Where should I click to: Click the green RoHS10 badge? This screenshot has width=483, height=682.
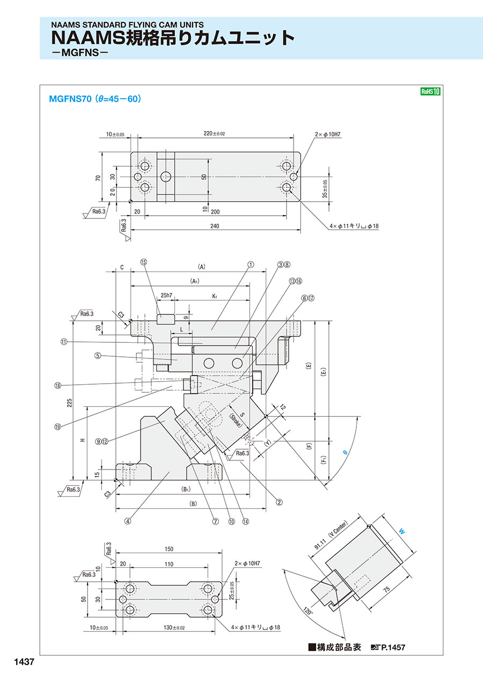(430, 92)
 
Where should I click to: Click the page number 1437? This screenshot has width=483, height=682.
(23, 662)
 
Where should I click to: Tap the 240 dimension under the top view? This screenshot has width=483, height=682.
(215, 226)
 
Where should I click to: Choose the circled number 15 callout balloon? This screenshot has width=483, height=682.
(143, 262)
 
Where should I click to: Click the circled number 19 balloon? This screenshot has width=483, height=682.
(58, 427)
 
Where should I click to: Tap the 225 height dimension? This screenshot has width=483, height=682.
(69, 403)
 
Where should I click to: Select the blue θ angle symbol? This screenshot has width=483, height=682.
(345, 453)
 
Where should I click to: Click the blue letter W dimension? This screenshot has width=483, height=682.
(402, 531)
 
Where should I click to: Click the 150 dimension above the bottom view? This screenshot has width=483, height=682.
(169, 549)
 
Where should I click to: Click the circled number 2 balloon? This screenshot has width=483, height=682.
(279, 503)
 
